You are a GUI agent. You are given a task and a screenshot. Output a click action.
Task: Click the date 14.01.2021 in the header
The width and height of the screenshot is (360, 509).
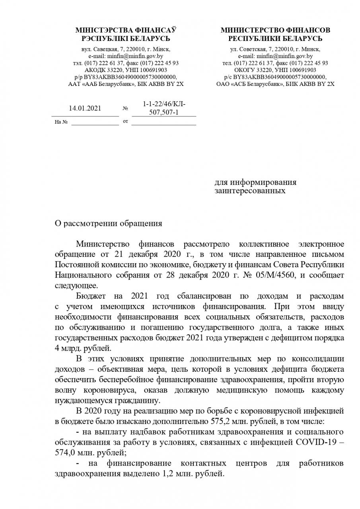pos(85,108)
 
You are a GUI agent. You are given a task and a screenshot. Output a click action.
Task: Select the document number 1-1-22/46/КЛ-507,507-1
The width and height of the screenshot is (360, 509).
pos(164,108)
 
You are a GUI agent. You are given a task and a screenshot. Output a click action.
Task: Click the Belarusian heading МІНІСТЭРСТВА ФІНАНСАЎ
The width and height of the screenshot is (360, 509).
pos(126,30)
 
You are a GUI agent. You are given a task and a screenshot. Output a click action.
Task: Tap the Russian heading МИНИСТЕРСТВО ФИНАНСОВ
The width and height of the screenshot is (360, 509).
pos(275,30)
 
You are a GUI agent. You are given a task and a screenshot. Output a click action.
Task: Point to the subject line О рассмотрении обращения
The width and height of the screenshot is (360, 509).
pos(108,223)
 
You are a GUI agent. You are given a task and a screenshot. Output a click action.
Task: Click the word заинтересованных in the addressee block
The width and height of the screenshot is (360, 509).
pos(250,191)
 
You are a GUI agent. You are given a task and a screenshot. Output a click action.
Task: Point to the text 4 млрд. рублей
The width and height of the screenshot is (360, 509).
pos(83,348)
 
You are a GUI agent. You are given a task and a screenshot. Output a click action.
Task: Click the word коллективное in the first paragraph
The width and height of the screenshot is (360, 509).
pos(266,243)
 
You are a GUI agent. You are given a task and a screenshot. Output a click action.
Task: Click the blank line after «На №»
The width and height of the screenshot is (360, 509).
pos(95,122)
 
